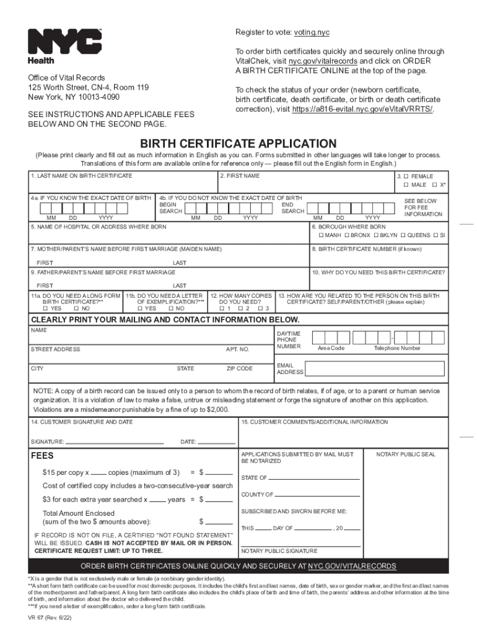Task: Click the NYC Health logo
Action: click(x=64, y=46)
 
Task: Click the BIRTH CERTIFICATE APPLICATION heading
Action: click(x=238, y=144)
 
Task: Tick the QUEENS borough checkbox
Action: click(x=403, y=235)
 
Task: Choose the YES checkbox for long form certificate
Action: click(x=45, y=308)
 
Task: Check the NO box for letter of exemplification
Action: click(x=172, y=308)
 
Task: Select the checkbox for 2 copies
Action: click(x=241, y=308)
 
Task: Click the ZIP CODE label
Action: click(x=240, y=368)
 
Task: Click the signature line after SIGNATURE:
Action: click(x=115, y=442)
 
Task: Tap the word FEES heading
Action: click(x=43, y=456)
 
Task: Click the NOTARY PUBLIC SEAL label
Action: click(x=406, y=454)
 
